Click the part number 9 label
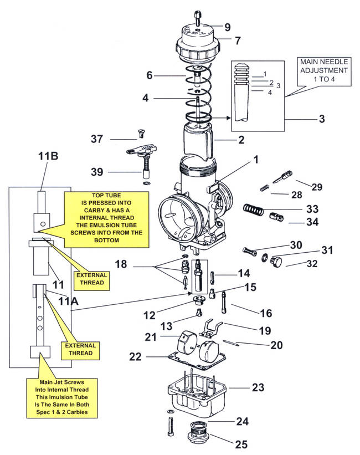pos(228,27)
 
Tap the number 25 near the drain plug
pos(241,444)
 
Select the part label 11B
pos(48,156)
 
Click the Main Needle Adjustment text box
pos(324,70)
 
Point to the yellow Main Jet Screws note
pos(62,397)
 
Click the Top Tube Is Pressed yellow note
pos(106,218)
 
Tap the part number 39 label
pos(97,172)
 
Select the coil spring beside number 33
pos(253,209)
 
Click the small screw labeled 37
pos(141,134)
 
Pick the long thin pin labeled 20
pos(231,342)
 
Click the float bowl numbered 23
pos(197,393)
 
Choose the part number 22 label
pos(135,356)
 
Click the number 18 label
pos(121,264)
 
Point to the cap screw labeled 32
pos(276,261)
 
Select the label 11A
pos(68,301)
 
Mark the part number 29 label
pos(317,187)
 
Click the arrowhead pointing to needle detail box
pos(229,118)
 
